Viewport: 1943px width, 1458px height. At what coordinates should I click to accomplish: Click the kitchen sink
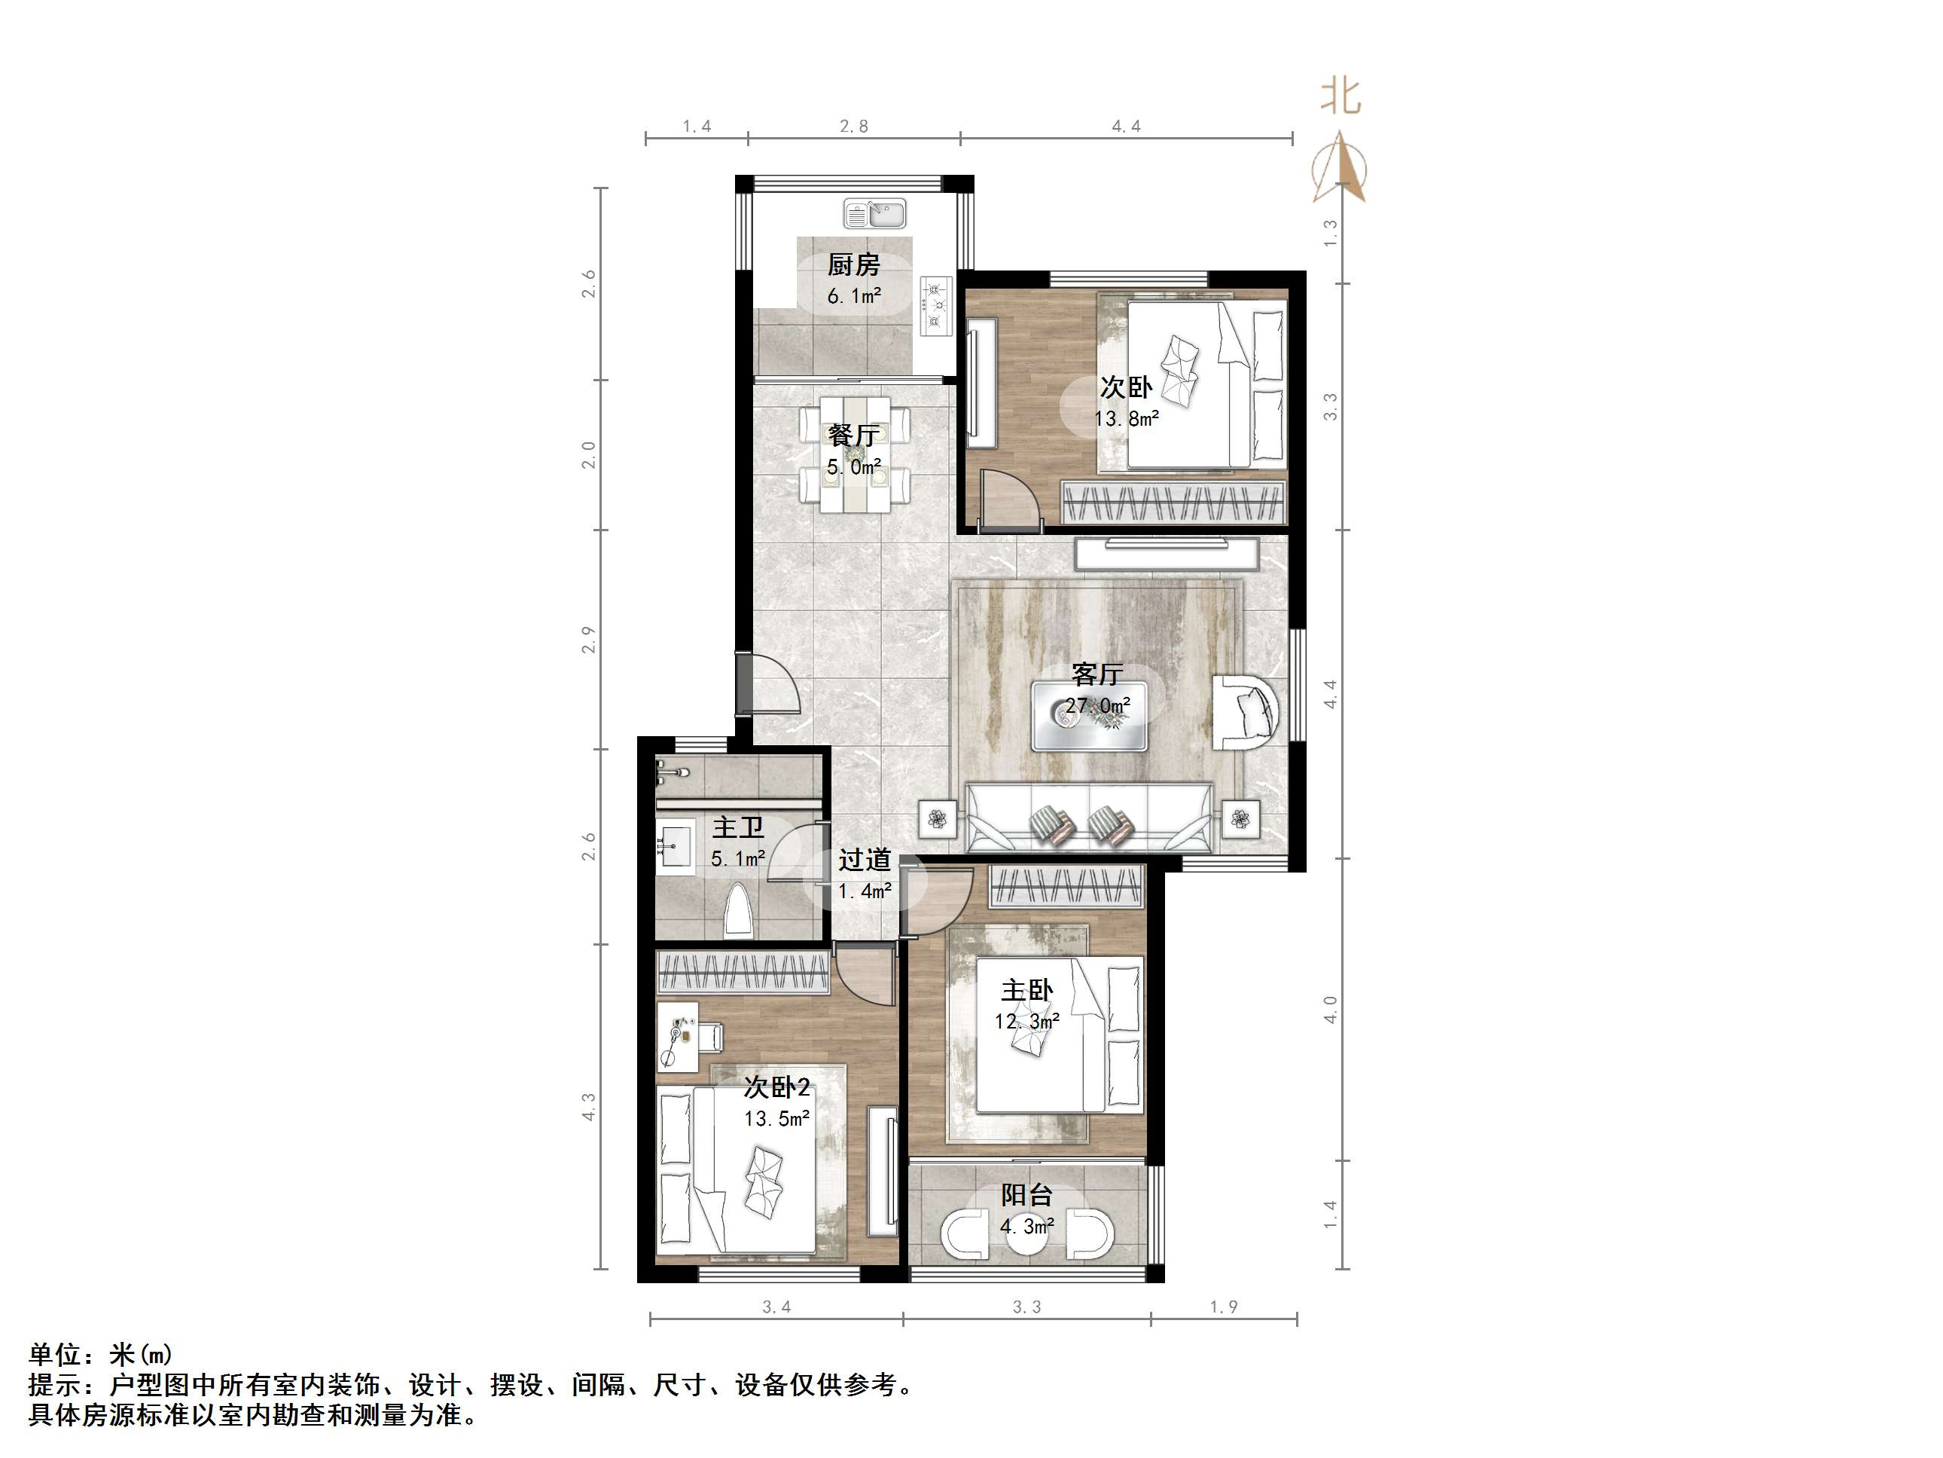(x=875, y=213)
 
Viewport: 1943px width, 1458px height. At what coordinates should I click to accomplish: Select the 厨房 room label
(x=853, y=264)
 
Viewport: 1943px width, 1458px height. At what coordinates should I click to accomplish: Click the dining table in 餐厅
(x=855, y=454)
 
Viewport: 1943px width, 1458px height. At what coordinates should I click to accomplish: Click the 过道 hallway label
(x=865, y=859)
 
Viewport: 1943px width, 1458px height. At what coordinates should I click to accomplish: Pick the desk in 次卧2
(x=678, y=1037)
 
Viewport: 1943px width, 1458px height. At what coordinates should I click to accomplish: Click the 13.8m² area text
(x=1126, y=419)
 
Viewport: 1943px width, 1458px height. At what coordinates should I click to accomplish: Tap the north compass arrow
(x=1340, y=167)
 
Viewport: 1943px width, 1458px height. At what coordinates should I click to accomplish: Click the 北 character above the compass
(x=1341, y=96)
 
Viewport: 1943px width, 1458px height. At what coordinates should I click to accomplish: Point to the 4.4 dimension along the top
(x=1126, y=127)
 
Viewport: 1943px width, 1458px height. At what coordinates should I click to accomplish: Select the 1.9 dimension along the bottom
(x=1224, y=1307)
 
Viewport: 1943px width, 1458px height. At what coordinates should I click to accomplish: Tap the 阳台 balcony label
(x=1026, y=1195)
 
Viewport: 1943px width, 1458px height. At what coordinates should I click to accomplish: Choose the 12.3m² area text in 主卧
(x=1026, y=1021)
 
